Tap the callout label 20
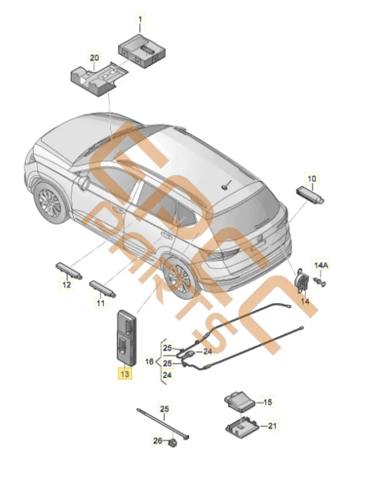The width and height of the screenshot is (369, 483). click(x=94, y=57)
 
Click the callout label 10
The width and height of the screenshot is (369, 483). click(x=312, y=179)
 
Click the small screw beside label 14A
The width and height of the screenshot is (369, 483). click(x=319, y=280)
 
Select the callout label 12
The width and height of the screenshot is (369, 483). click(x=66, y=285)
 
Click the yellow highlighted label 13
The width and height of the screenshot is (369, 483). click(x=125, y=374)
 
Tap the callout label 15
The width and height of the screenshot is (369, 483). click(x=268, y=401)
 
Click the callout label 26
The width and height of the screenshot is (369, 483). click(x=158, y=440)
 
